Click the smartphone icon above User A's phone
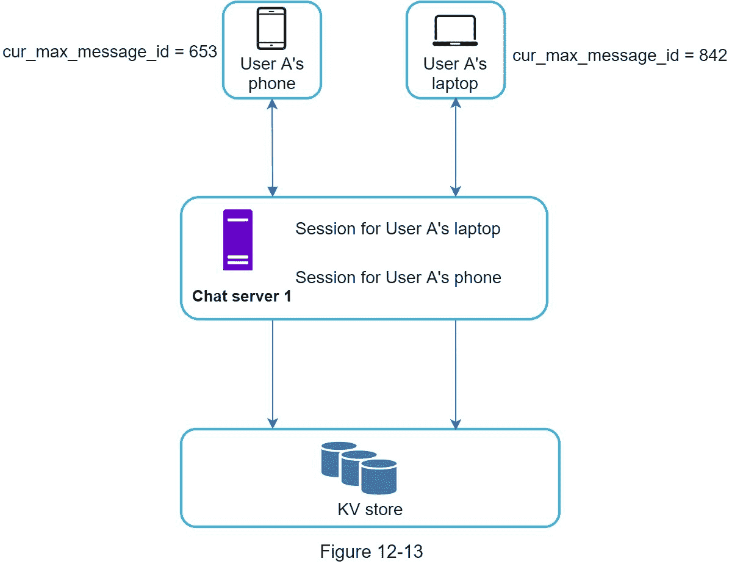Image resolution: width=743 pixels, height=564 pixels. tap(271, 28)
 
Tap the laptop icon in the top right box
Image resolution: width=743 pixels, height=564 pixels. tap(455, 31)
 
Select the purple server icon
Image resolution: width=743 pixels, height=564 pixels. tap(237, 240)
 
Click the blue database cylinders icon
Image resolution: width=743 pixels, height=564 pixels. tap(359, 468)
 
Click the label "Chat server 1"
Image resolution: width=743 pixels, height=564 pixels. tap(242, 297)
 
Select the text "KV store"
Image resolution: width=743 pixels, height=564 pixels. tap(370, 509)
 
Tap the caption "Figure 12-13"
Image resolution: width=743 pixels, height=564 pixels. tap(371, 552)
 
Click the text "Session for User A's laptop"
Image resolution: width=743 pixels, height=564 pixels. tap(398, 229)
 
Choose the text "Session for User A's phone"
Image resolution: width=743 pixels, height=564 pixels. tap(398, 278)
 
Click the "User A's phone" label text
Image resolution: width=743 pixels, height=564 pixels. tap(271, 74)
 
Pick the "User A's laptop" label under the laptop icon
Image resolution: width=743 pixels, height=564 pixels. tap(455, 74)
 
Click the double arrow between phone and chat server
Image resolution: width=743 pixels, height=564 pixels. tap(272, 148)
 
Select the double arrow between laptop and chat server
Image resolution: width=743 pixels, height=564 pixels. tap(455, 148)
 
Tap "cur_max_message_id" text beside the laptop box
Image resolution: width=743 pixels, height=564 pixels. tap(595, 56)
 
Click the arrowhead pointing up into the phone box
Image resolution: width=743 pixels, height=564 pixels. tap(272, 104)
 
